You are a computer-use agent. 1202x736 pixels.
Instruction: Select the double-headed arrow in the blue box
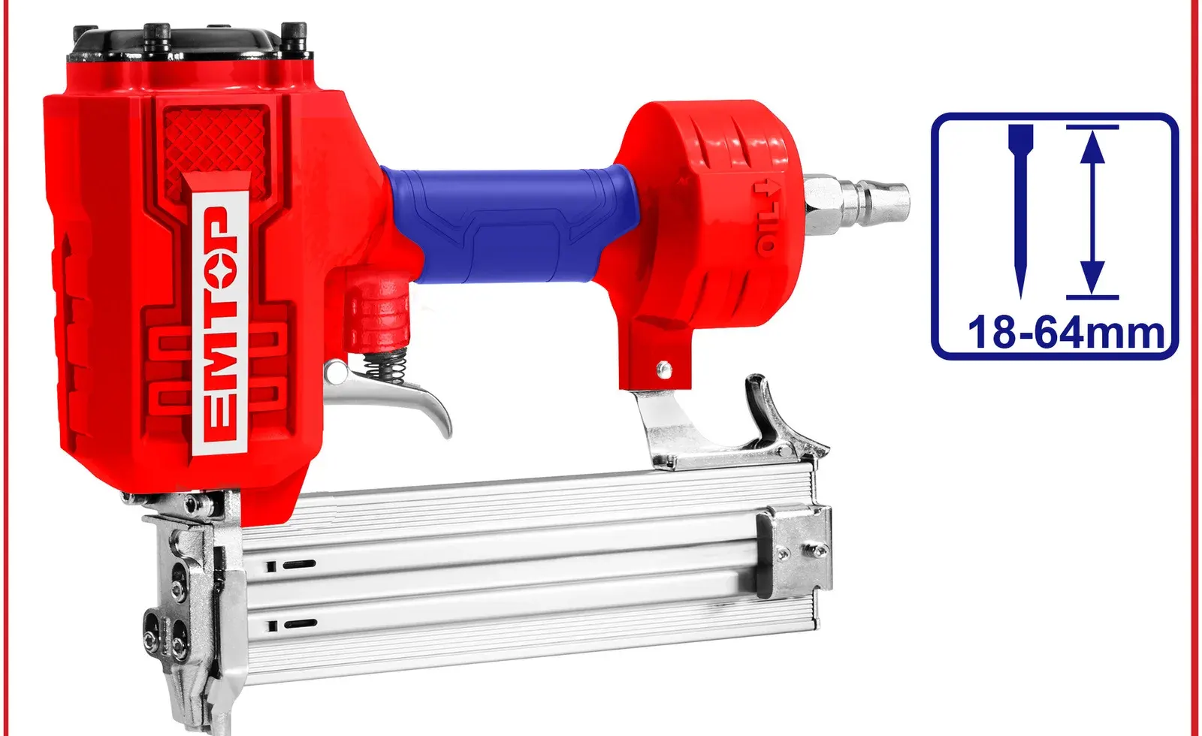click(x=1093, y=212)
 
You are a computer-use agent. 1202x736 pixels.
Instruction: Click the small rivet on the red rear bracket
click(x=663, y=367)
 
